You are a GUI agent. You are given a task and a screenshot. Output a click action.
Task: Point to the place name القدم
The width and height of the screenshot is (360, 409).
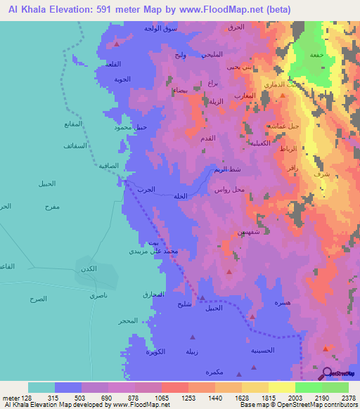click(208, 138)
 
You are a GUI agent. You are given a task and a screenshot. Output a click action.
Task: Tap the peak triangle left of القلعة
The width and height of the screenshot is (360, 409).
click(117, 44)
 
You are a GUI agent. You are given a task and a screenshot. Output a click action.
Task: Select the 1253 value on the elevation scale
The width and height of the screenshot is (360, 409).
click(174, 398)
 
